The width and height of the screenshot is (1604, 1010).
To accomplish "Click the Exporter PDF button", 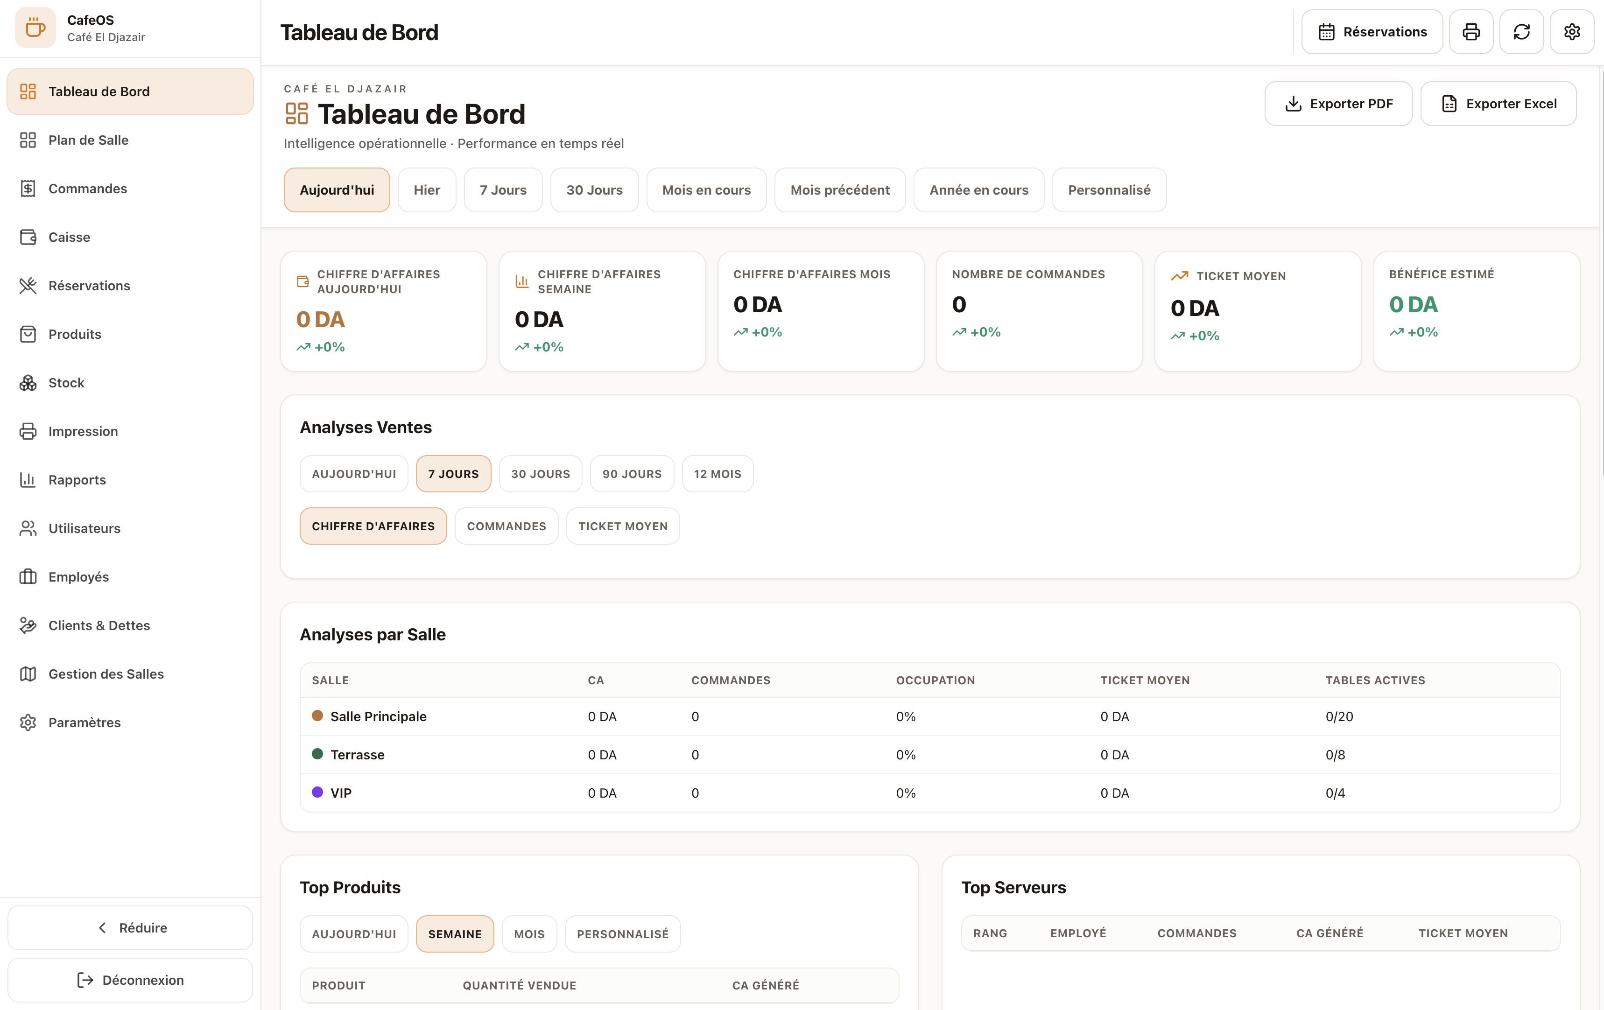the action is coord(1338,104).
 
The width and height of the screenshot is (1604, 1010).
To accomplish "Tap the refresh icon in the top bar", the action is coord(1521,32).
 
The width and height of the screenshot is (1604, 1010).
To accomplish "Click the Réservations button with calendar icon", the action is coord(1372,32).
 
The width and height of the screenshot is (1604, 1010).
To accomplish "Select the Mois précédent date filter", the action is coord(840,190).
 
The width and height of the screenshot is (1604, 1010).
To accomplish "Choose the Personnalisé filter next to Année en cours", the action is coord(1109,190).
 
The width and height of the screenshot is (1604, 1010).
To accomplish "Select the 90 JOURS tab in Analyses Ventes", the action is coord(632,474).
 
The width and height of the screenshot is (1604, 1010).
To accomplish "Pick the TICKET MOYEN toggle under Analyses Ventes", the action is coord(623,526).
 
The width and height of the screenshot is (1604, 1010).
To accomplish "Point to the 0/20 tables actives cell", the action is coord(1339,716).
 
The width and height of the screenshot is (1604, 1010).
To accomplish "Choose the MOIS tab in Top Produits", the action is coord(529,934).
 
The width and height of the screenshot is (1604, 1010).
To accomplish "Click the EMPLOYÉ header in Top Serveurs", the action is coord(1078,933).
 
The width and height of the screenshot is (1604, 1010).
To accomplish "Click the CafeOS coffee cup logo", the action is coord(35,28).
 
